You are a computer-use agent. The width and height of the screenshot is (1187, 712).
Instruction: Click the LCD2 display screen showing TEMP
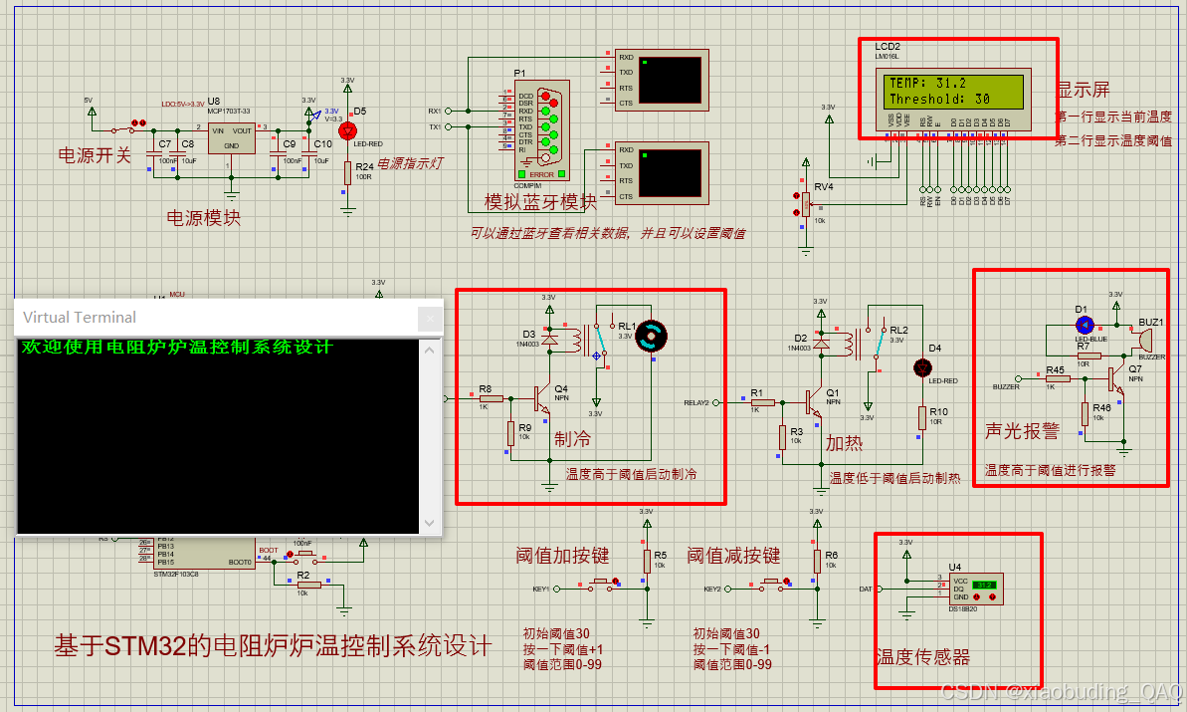coord(955,91)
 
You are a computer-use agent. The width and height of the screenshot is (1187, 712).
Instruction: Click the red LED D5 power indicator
coord(347,130)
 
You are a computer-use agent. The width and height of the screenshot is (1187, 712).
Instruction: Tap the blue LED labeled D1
coord(1085,324)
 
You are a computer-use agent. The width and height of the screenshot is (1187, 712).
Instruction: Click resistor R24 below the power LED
coord(347,171)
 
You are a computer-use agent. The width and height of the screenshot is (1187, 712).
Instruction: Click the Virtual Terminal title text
coord(80,318)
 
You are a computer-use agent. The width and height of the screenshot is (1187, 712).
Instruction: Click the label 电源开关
coord(95,155)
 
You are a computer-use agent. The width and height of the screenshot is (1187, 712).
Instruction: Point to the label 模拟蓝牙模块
coord(540,202)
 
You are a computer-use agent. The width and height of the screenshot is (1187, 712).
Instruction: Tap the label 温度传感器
coord(922,657)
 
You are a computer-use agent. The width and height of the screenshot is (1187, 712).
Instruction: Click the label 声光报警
coord(1022,430)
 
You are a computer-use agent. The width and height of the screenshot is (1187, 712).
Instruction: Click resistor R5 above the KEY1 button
coord(647,561)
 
